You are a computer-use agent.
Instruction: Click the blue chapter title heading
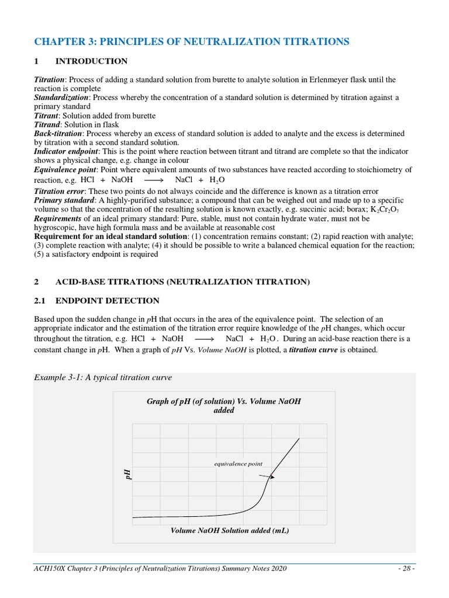click(x=192, y=41)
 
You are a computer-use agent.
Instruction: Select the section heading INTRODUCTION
click(x=91, y=61)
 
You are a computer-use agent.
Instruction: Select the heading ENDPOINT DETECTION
click(x=107, y=301)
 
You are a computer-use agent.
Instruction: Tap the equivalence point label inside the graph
click(x=238, y=464)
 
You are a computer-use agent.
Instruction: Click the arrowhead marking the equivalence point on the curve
click(x=272, y=477)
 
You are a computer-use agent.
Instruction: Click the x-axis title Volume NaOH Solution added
click(x=230, y=531)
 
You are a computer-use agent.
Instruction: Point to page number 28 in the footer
click(x=405, y=569)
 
